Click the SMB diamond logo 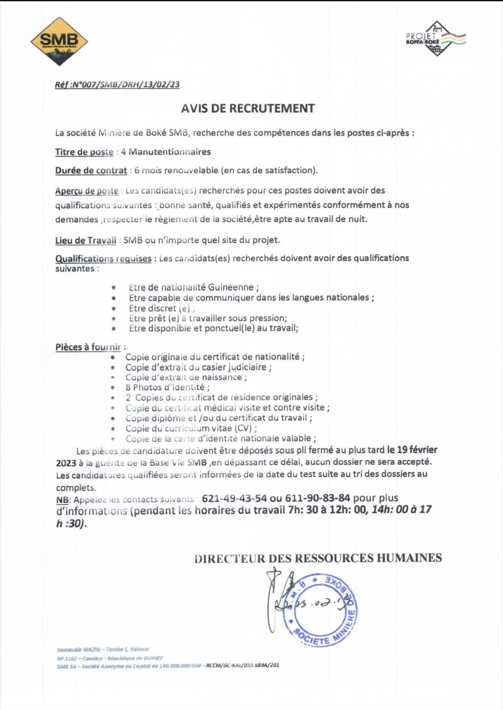[x=59, y=41]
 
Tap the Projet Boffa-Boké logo [x=436, y=38]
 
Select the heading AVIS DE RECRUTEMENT [x=247, y=108]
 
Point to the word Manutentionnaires [x=170, y=152]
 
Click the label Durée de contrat [x=91, y=170]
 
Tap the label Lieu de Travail [x=85, y=240]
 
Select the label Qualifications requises [x=103, y=258]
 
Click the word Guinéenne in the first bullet [x=230, y=287]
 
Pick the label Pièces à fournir [x=88, y=347]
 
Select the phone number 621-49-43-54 [x=234, y=498]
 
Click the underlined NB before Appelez [x=62, y=500]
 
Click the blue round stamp [x=320, y=609]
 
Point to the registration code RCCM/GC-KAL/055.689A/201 [x=243, y=665]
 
